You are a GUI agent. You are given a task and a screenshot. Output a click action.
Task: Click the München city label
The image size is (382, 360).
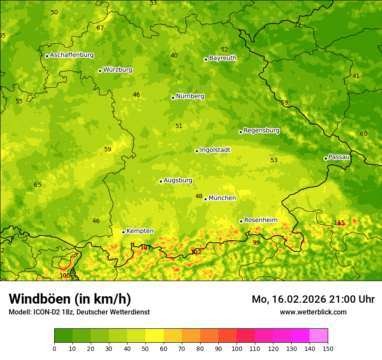(x=222, y=198)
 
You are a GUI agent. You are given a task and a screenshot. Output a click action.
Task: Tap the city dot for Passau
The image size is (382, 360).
(x=326, y=158)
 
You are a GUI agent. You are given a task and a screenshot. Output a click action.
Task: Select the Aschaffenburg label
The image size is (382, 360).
(x=72, y=55)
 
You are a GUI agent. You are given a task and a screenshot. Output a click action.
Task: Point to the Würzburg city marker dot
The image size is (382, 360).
(x=100, y=71)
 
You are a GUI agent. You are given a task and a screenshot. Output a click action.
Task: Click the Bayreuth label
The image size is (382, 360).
(x=223, y=58)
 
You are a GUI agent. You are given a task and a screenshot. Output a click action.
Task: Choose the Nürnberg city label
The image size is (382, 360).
(x=190, y=96)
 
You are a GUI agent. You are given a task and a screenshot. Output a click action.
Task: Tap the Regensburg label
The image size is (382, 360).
(x=261, y=131)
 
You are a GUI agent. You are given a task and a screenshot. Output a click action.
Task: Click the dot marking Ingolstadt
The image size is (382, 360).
(x=197, y=151)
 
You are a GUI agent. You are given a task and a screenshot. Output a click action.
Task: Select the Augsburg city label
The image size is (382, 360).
(x=178, y=180)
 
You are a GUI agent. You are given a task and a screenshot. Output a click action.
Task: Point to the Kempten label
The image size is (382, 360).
(x=140, y=231)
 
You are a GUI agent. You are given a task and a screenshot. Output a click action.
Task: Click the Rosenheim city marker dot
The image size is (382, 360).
(x=241, y=221)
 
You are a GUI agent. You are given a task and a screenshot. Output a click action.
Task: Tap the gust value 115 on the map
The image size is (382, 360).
(x=339, y=223)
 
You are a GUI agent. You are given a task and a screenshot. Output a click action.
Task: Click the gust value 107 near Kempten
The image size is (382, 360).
(x=146, y=248)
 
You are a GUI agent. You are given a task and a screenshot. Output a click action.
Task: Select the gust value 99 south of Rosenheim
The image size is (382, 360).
(x=256, y=242)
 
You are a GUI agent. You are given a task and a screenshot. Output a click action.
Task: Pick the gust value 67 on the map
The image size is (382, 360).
(x=100, y=28)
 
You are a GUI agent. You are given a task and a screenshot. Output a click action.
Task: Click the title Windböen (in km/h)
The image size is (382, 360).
(x=69, y=299)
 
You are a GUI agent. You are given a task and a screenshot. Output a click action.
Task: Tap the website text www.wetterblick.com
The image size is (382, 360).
(x=313, y=312)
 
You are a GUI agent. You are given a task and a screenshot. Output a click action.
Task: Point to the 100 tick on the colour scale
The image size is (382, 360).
(x=237, y=348)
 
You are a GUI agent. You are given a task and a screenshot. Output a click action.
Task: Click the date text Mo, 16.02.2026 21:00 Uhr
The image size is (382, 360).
(x=313, y=299)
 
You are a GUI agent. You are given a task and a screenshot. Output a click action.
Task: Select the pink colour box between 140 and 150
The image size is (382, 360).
(x=319, y=336)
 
